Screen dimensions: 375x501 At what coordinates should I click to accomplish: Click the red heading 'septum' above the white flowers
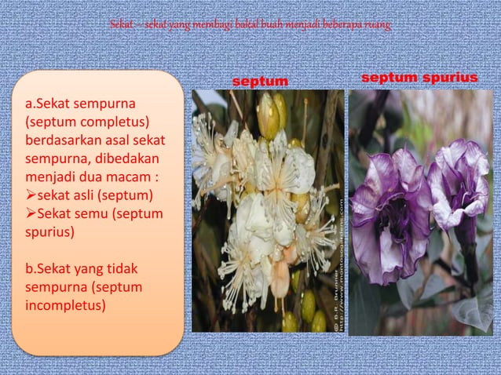click(260, 82)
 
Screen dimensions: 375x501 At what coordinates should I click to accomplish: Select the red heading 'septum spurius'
click(419, 79)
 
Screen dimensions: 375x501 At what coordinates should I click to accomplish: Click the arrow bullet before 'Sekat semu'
click(31, 213)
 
